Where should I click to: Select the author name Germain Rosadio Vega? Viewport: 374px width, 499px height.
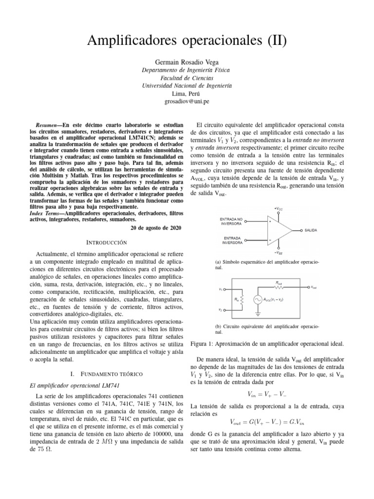point(187,62)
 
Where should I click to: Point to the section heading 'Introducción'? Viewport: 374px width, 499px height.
point(106,242)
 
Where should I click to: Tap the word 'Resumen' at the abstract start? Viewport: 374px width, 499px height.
point(49,125)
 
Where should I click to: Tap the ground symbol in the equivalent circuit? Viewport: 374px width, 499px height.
point(257,315)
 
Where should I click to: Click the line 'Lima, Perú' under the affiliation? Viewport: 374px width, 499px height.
point(187,93)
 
